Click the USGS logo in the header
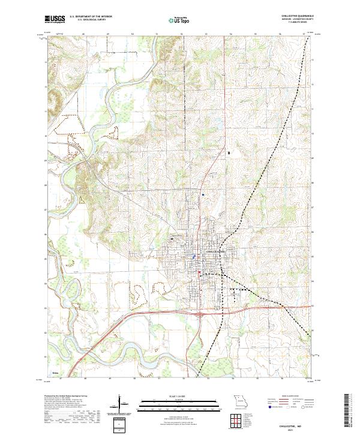point(55,20)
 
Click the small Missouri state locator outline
point(238,401)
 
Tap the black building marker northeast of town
point(229,154)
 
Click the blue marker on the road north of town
point(203,195)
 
